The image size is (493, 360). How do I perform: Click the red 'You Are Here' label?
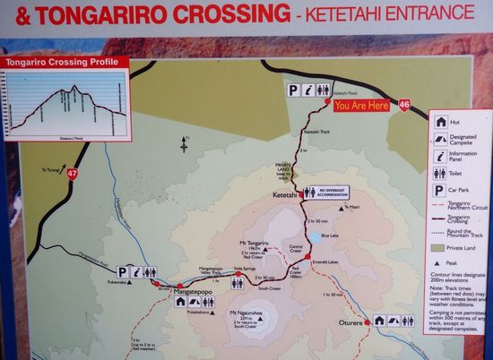click(x=360, y=105)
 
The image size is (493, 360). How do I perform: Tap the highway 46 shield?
click(x=404, y=105)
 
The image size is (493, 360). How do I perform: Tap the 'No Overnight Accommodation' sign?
click(x=325, y=192)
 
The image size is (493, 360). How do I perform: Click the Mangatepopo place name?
click(x=179, y=293)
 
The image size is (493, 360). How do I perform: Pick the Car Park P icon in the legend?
click(x=441, y=190)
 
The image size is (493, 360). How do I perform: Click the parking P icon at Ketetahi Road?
click(x=293, y=90)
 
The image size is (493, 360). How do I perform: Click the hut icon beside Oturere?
click(x=379, y=320)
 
